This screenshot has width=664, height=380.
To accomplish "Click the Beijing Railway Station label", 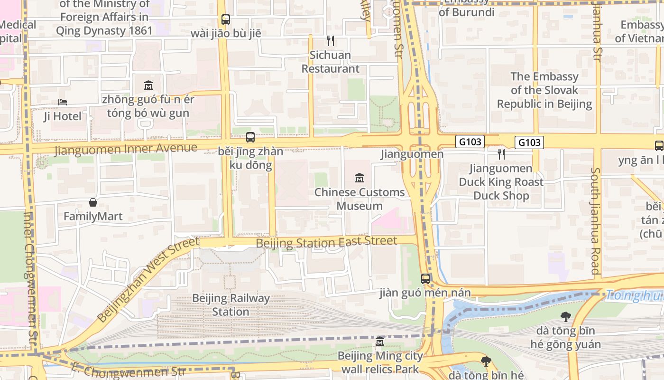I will pyautogui.click(x=231, y=305).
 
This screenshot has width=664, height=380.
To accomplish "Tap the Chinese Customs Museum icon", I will pyautogui.click(x=360, y=178).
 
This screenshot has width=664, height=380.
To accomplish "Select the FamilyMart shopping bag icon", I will pyautogui.click(x=93, y=202).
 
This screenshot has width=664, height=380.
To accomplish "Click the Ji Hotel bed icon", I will pyautogui.click(x=63, y=102).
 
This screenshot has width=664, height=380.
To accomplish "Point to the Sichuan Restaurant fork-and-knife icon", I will pyautogui.click(x=331, y=41).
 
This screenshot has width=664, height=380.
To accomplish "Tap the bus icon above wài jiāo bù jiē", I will pyautogui.click(x=226, y=19).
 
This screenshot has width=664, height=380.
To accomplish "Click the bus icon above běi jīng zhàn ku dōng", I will pyautogui.click(x=250, y=137).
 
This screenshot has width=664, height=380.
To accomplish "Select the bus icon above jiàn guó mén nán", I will pyautogui.click(x=425, y=279).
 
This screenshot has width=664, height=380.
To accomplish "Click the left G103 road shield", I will pyautogui.click(x=470, y=142).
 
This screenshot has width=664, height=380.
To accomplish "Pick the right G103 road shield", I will pyautogui.click(x=529, y=142).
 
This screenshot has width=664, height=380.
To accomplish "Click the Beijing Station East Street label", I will pyautogui.click(x=326, y=242).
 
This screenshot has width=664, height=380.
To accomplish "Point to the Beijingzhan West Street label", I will pyautogui.click(x=147, y=280).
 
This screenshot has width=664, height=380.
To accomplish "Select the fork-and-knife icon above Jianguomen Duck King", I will pyautogui.click(x=501, y=154).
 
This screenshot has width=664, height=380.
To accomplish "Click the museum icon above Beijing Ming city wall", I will pyautogui.click(x=380, y=342).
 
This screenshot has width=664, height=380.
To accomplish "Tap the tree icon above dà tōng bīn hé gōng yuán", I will pyautogui.click(x=565, y=316).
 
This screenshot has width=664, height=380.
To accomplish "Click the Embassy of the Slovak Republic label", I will pyautogui.click(x=544, y=90).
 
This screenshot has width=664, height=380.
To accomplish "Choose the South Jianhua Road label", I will pyautogui.click(x=596, y=221).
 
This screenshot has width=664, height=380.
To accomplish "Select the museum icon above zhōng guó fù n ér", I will pyautogui.click(x=148, y=85).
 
